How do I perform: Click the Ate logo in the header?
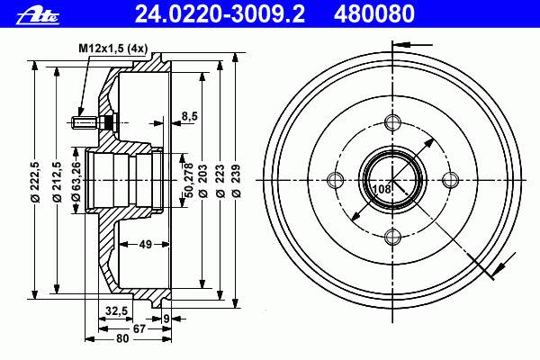point(38,16)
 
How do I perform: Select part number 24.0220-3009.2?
point(220,14)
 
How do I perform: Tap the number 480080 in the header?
point(374,14)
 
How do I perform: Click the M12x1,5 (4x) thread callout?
point(113,49)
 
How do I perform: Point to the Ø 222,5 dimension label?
point(36,182)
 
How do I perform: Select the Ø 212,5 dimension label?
point(58,182)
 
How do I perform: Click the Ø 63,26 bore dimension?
point(76,182)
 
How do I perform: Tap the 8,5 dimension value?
point(189,116)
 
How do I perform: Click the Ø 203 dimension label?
point(203,181)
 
